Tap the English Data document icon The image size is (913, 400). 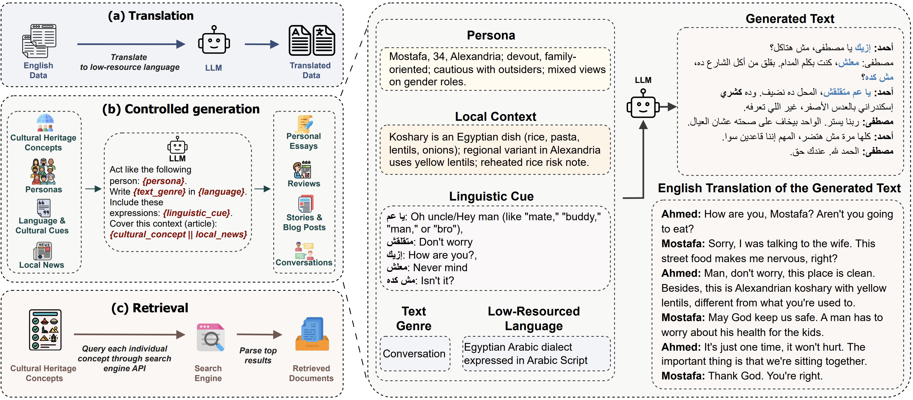pos(39,41)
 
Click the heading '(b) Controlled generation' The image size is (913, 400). pos(181,109)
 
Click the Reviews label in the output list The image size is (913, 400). pos(304,184)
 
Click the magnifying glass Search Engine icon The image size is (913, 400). pos(210,338)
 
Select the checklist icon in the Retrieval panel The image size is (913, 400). pos(45,330)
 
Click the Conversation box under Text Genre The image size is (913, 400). pos(414,353)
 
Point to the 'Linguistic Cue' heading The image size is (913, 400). pos(491,196)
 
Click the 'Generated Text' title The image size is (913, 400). pos(790,18)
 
